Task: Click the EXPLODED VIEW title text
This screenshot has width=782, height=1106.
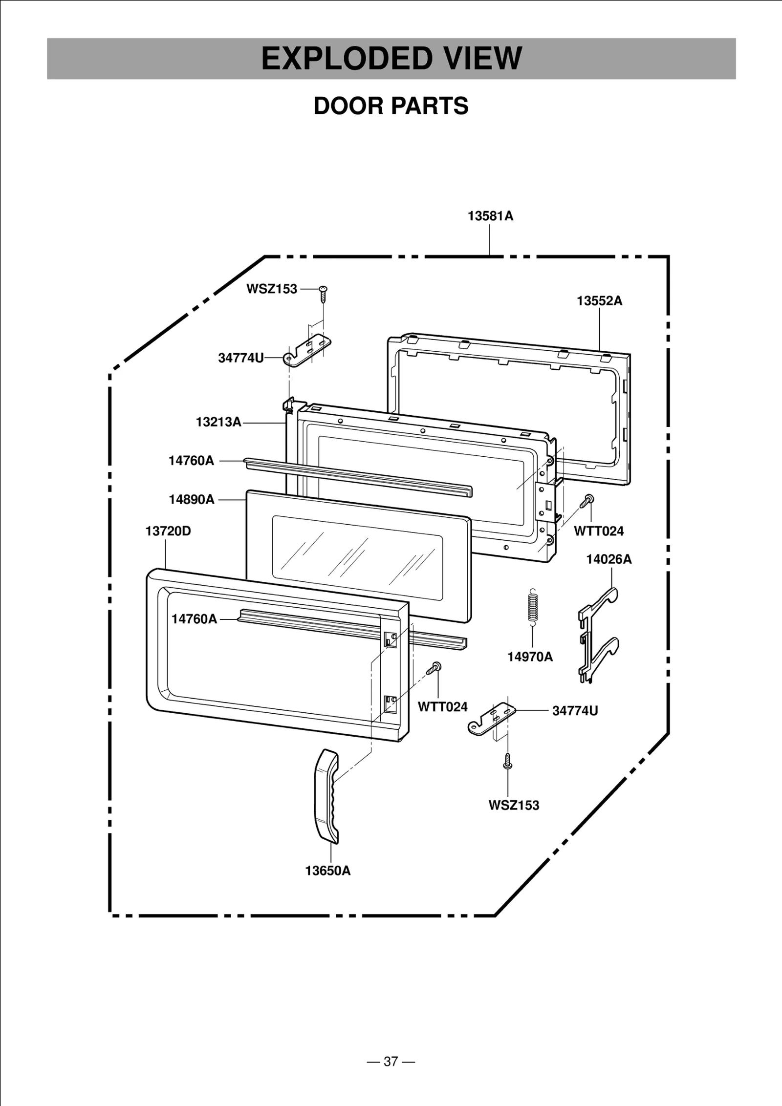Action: coord(391,58)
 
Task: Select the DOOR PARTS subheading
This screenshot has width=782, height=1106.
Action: coord(391,106)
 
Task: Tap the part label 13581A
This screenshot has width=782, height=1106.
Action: coord(490,216)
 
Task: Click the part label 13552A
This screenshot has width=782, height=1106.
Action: coord(599,301)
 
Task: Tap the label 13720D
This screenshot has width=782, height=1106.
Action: coord(168,531)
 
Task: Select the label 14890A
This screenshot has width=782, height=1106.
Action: coord(192,500)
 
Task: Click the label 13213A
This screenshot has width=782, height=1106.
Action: coord(218,422)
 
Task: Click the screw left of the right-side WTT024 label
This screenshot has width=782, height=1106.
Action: coord(586,501)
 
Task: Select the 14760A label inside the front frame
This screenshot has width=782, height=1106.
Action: coord(194,619)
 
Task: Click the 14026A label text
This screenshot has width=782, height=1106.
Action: coord(608,559)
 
